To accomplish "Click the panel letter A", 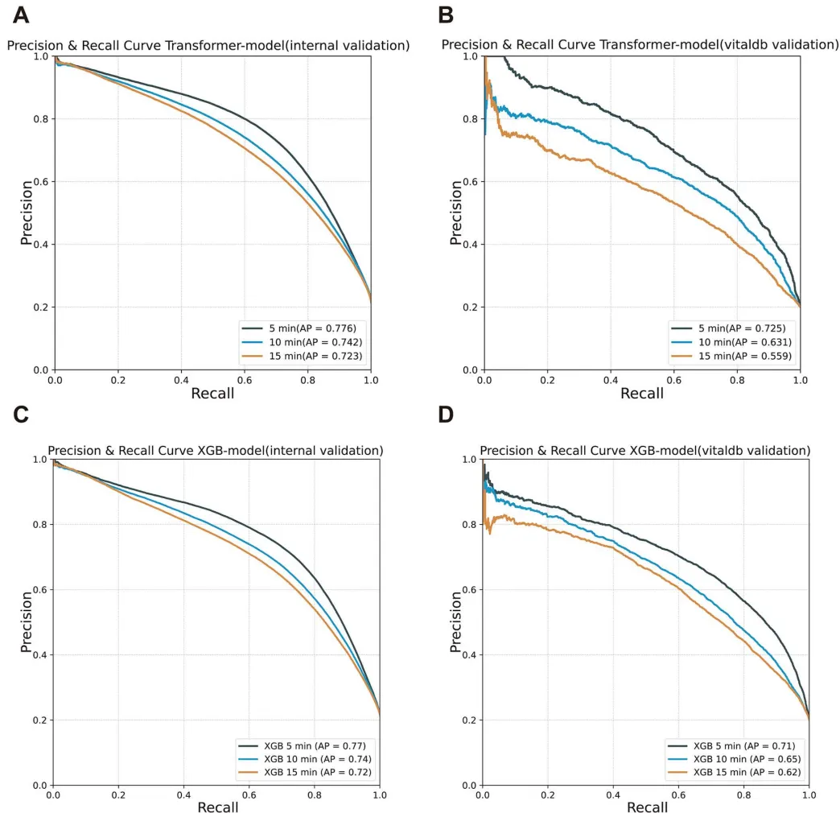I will pos(19,14).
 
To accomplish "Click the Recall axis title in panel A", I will pos(212,394).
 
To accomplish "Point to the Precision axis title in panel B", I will pos(456,213).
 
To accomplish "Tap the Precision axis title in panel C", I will pos(27,621).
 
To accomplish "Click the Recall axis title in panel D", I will pos(647,806).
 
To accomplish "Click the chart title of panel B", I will pos(640,45).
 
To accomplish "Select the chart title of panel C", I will pos(215,450).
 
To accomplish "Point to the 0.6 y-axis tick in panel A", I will pos(39,182).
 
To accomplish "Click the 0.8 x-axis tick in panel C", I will pos(315,794).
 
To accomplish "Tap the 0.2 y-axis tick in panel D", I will pos(468,720).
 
